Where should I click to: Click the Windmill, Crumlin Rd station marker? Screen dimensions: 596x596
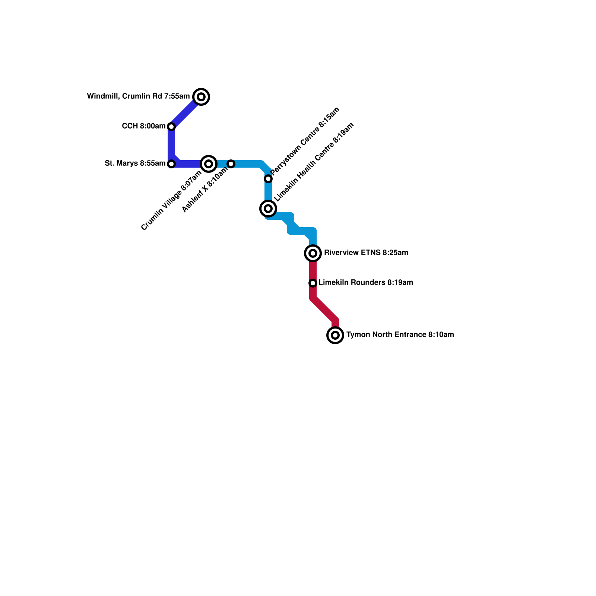pyautogui.click(x=201, y=97)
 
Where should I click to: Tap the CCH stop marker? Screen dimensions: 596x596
pyautogui.click(x=171, y=127)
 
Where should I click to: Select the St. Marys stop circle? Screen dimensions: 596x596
pyautogui.click(x=171, y=164)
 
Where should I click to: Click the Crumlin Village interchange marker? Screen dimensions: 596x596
pyautogui.click(x=209, y=164)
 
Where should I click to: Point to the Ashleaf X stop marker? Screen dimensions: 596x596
pyautogui.click(x=231, y=164)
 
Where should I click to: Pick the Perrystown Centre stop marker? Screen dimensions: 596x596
pyautogui.click(x=268, y=179)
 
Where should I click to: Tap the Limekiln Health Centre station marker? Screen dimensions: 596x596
pyautogui.click(x=268, y=209)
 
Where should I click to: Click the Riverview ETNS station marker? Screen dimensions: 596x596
pyautogui.click(x=313, y=253)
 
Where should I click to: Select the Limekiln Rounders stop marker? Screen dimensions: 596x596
pyautogui.click(x=313, y=283)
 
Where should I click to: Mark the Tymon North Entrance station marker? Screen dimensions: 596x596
pyautogui.click(x=335, y=335)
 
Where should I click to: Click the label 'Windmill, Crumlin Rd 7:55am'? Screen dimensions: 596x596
pyautogui.click(x=138, y=96)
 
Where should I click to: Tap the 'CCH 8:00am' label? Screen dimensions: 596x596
pyautogui.click(x=143, y=126)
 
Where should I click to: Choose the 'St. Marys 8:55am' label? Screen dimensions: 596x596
pyautogui.click(x=135, y=164)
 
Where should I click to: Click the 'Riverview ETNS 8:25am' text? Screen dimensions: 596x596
pyautogui.click(x=366, y=253)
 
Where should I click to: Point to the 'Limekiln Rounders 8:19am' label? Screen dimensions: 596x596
pyautogui.click(x=365, y=283)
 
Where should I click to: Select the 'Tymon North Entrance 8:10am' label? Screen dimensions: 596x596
pyautogui.click(x=400, y=335)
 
